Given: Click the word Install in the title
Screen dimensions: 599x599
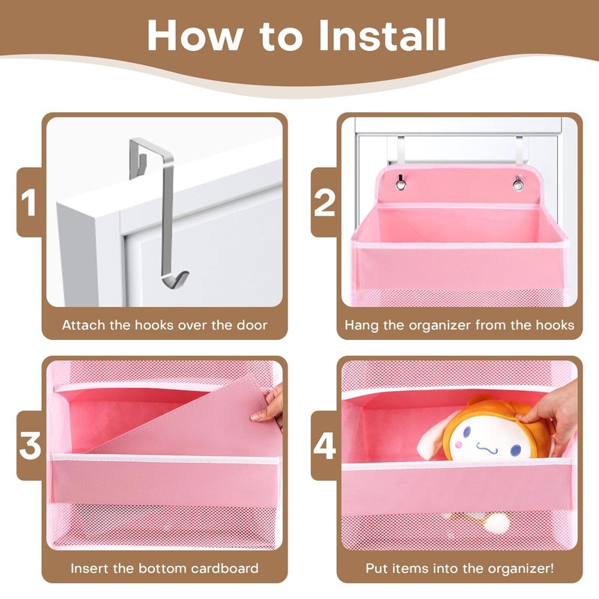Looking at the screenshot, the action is coord(382,34).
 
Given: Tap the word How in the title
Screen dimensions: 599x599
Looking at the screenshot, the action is coord(195,34).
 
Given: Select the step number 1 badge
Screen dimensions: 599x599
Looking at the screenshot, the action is coord(28,202).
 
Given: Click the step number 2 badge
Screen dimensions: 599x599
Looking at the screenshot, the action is coord(324,202).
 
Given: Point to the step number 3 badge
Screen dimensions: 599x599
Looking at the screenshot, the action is coord(30,446).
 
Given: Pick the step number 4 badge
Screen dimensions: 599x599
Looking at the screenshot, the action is coord(324,446).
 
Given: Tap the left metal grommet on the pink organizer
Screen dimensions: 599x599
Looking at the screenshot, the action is coord(400,183).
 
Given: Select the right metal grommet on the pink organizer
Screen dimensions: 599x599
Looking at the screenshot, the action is coord(517,183).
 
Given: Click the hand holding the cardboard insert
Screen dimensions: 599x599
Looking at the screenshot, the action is coord(270,406).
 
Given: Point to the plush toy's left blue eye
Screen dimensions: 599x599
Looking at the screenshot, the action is coord(466,432).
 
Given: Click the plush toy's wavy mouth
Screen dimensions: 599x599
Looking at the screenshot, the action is coord(487,448).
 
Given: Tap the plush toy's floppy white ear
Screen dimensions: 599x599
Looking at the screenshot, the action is coord(434,436).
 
